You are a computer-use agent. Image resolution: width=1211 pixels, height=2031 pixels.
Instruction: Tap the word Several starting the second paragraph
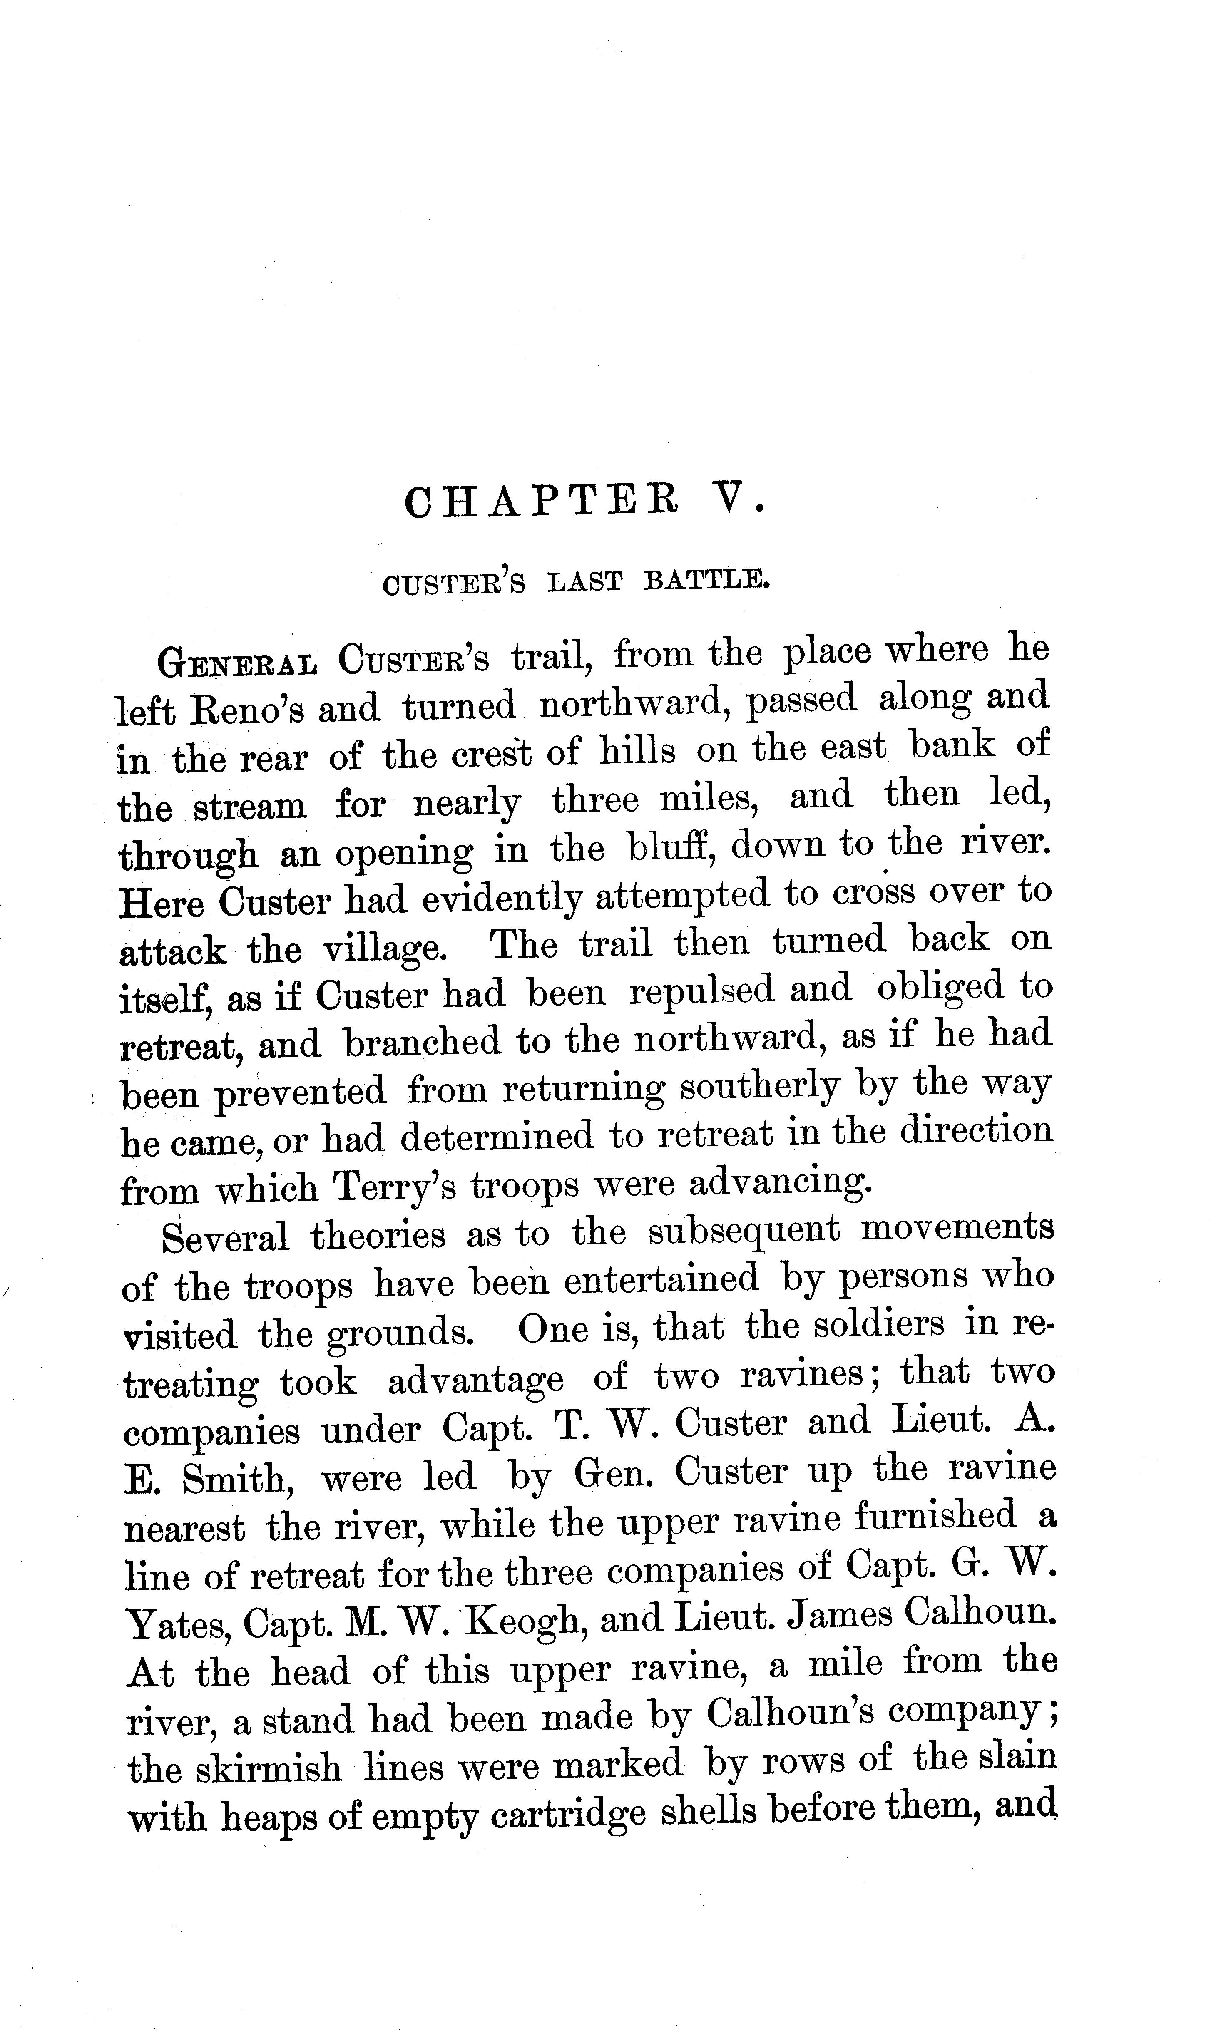[x=225, y=1236]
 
